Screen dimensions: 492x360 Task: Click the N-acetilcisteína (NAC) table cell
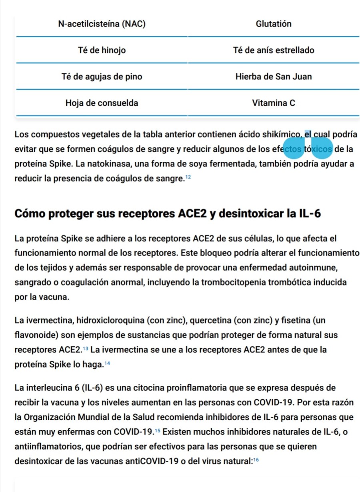pyautogui.click(x=102, y=24)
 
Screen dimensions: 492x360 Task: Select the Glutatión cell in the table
pyautogui.click(x=274, y=24)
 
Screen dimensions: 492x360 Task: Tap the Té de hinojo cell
pyautogui.click(x=102, y=50)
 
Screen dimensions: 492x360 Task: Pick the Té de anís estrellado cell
pyautogui.click(x=274, y=50)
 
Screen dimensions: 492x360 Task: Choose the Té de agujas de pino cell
pyautogui.click(x=102, y=76)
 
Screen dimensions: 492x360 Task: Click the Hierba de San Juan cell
pyautogui.click(x=274, y=76)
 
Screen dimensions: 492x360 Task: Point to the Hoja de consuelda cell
pyautogui.click(x=102, y=103)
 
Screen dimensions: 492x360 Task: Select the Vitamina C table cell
pyautogui.click(x=274, y=103)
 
